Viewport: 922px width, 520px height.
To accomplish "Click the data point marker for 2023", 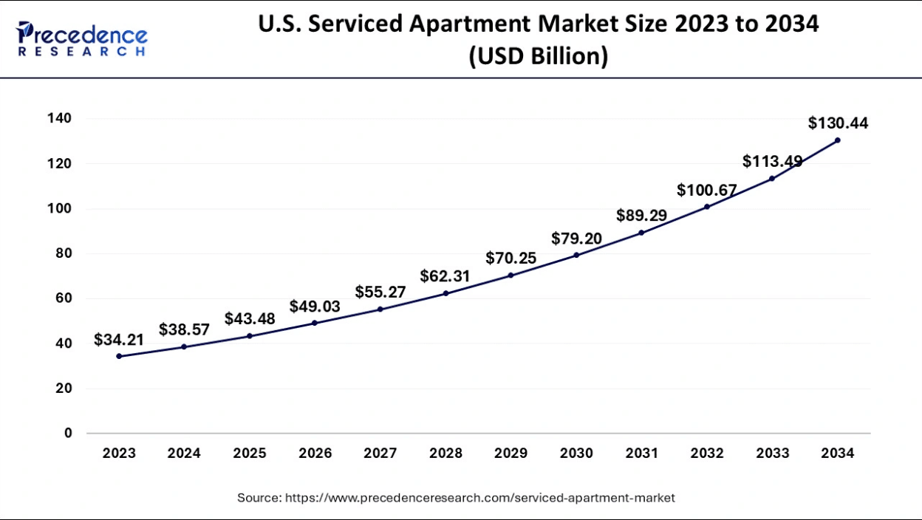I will tap(119, 356).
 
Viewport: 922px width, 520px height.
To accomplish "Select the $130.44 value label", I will tap(838, 123).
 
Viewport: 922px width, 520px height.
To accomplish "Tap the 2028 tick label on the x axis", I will tap(445, 454).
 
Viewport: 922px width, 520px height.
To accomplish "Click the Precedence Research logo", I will tap(81, 38).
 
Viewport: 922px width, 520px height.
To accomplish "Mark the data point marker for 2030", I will tap(576, 255).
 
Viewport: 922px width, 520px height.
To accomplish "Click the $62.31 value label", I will tap(445, 276).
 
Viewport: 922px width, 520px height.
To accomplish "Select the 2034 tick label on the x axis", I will tap(837, 454).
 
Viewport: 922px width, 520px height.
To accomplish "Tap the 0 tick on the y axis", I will tap(68, 433).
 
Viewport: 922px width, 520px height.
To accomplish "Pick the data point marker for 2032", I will tap(707, 206).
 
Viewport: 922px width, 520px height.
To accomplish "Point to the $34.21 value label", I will tap(119, 340).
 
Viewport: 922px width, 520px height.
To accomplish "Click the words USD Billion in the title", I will tap(538, 56).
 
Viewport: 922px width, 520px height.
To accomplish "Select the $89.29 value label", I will tap(642, 216).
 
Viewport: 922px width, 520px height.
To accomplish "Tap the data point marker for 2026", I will tap(315, 323).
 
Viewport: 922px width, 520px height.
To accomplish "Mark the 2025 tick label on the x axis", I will tap(250, 454).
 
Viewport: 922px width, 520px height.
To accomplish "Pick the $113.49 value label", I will tap(772, 161).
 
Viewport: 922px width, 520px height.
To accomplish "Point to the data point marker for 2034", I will tap(837, 140).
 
